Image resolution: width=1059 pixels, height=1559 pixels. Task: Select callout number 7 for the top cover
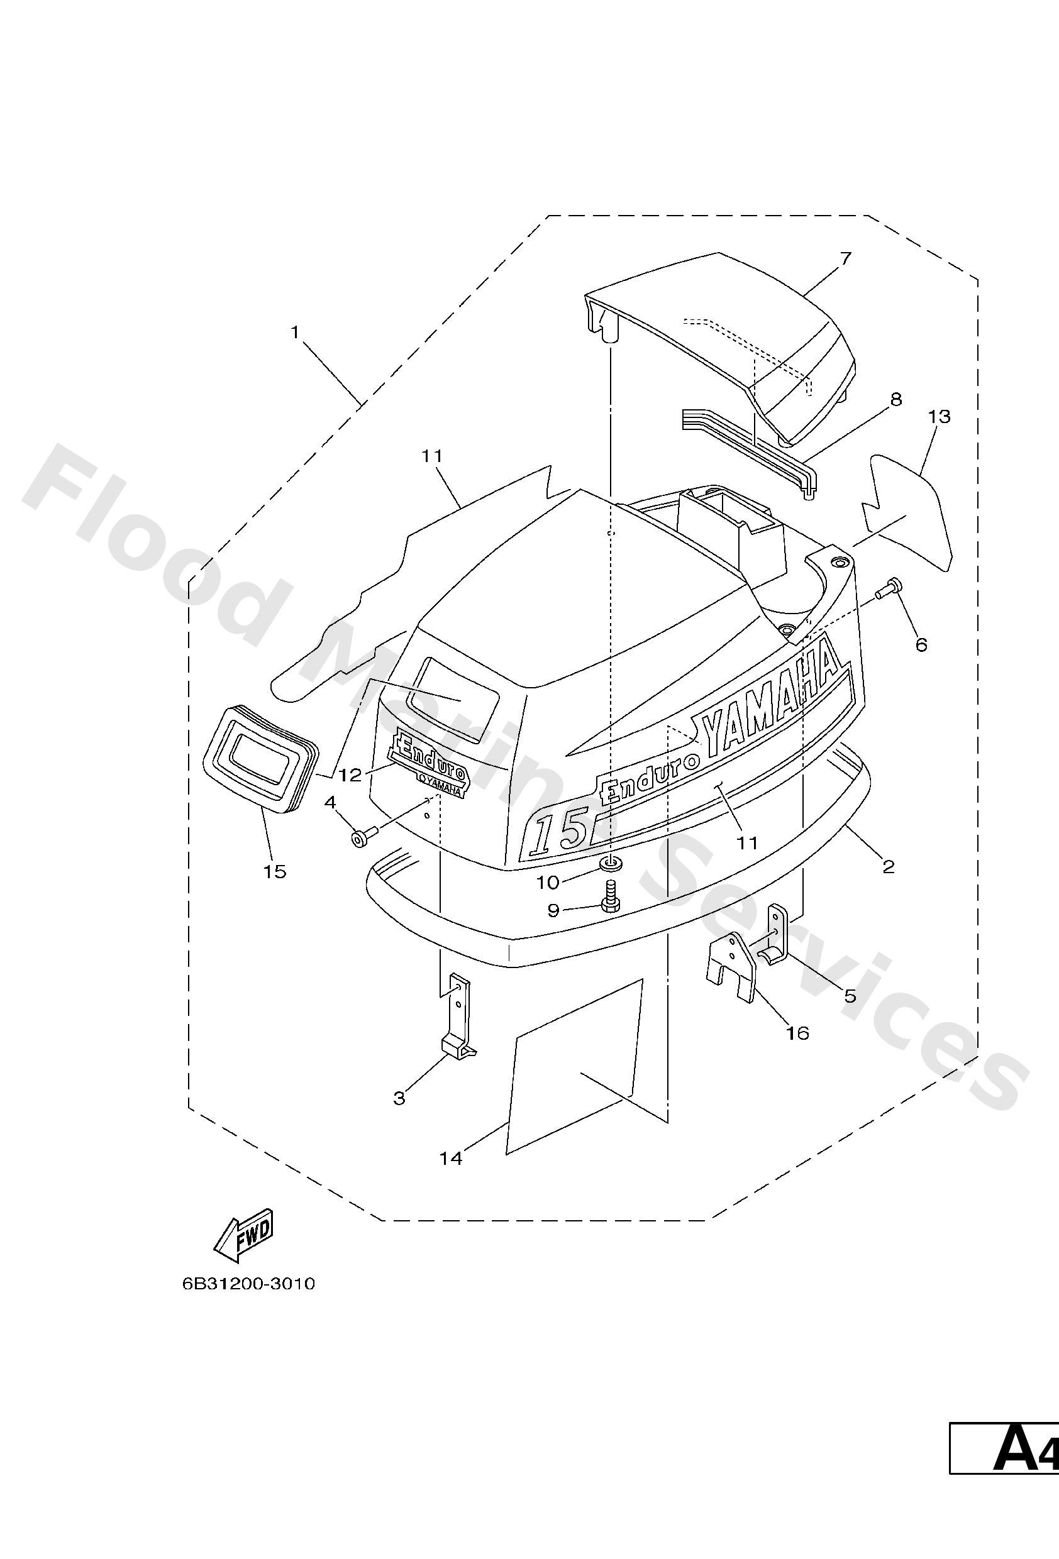[845, 258]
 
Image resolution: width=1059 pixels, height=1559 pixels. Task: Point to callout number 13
[939, 417]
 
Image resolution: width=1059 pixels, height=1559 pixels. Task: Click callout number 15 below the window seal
[275, 871]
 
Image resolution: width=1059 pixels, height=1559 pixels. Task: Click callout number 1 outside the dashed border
[294, 332]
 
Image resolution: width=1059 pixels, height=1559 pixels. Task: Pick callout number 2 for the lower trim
[889, 867]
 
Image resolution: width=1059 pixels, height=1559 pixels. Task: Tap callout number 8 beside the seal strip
[896, 400]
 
